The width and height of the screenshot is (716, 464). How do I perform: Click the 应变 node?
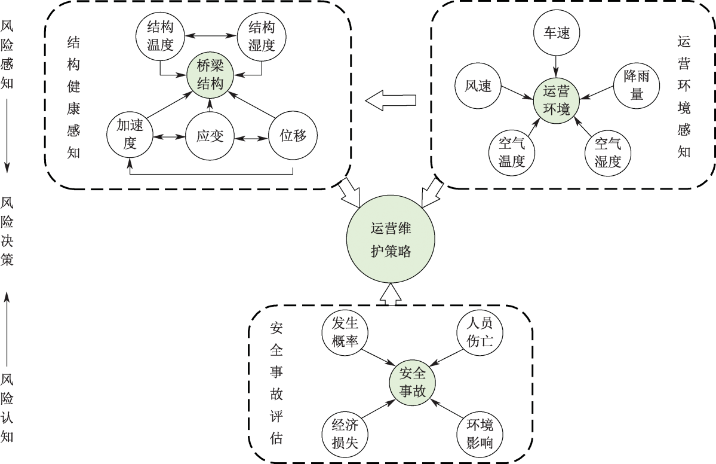(x=210, y=136)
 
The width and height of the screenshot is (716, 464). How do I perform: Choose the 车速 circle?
(x=557, y=32)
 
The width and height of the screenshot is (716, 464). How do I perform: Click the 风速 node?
(x=478, y=86)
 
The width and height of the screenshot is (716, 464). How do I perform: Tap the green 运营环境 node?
(x=557, y=99)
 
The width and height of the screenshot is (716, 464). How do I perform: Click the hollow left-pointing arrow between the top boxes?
(x=391, y=100)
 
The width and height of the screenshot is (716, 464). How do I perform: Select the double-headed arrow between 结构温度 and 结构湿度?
(x=210, y=34)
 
